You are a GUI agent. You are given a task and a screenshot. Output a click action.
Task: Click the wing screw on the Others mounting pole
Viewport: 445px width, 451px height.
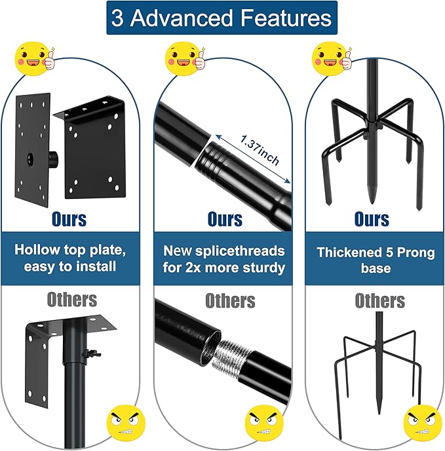click(85, 355)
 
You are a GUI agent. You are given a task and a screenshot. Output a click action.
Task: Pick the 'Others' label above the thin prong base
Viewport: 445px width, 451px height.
click(379, 300)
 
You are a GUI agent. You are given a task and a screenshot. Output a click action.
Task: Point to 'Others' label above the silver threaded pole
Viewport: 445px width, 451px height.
click(230, 300)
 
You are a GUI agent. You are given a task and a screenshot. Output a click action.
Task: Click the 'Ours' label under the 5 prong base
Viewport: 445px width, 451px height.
click(373, 218)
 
